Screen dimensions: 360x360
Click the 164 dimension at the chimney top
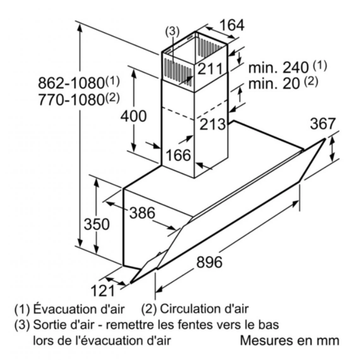click(231, 25)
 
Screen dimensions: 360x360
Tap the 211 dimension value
click(210, 69)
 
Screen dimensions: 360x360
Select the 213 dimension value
click(212, 124)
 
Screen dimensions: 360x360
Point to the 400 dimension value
click(133, 116)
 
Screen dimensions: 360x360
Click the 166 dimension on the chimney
click(178, 155)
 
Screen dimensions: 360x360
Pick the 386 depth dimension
click(142, 213)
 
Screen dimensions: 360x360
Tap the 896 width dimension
click(209, 262)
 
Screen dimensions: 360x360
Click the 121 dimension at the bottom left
click(103, 290)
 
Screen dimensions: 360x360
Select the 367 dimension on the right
click(322, 123)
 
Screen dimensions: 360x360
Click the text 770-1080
click(71, 100)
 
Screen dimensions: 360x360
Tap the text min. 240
click(278, 67)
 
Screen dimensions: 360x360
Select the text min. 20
click(273, 84)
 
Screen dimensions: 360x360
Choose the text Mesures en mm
click(289, 341)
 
